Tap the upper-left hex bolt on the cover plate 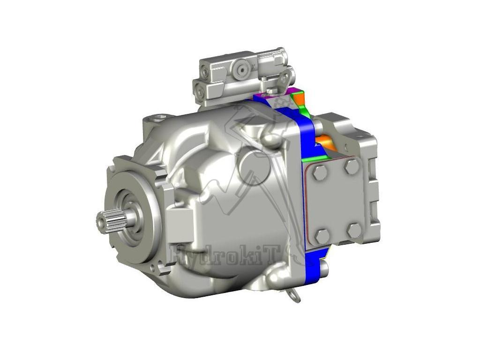tap(320, 172)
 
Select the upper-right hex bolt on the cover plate tap(352, 166)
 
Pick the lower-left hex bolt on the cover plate tap(322, 236)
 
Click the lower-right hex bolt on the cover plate tap(354, 230)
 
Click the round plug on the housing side tap(254, 166)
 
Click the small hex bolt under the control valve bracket tap(272, 90)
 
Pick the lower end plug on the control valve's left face tap(200, 92)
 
